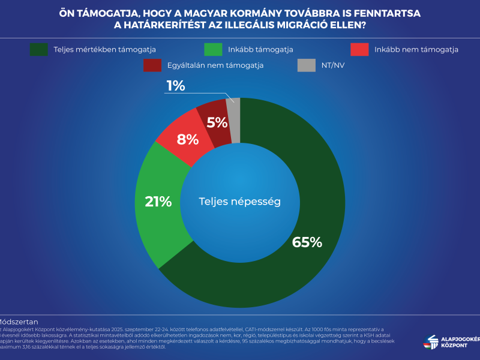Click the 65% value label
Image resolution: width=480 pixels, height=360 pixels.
pos(307,242)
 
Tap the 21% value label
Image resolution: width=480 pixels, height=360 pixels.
pos(158,202)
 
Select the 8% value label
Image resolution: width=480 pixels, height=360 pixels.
pos(188,139)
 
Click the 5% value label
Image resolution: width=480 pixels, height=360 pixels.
pos(217,123)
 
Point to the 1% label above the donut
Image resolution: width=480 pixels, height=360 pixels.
pos(176,86)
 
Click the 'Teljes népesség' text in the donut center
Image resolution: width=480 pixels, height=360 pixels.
pos(240,202)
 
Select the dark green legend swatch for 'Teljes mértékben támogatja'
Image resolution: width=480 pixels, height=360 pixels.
pos(39,50)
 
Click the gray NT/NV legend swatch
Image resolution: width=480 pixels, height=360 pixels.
pos(307,65)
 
